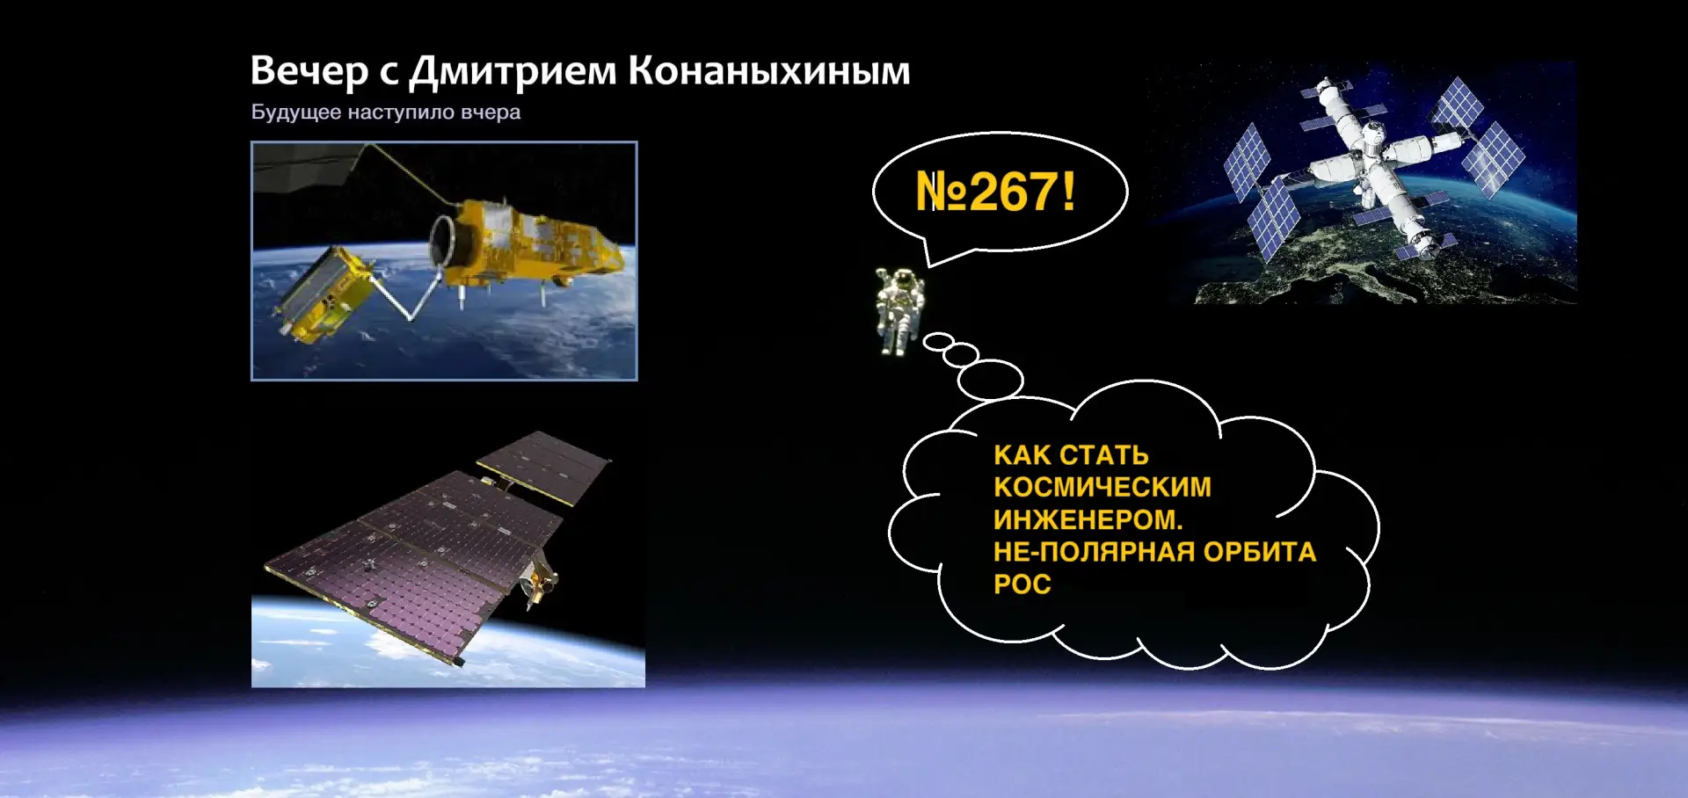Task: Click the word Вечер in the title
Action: coord(309,71)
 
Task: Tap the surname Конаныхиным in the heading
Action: coord(769,71)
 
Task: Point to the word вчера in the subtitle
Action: coord(491,112)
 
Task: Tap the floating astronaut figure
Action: coord(899,311)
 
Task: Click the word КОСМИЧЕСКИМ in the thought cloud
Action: coord(1102,487)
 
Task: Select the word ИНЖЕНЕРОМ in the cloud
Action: coord(1088,519)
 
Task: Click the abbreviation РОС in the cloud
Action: coord(1022,584)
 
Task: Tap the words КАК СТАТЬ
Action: coord(1071,455)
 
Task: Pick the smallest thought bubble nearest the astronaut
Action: coord(938,341)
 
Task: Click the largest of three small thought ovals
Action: coord(991,380)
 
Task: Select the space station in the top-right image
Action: coord(1371,167)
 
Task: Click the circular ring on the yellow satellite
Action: coord(443,239)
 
